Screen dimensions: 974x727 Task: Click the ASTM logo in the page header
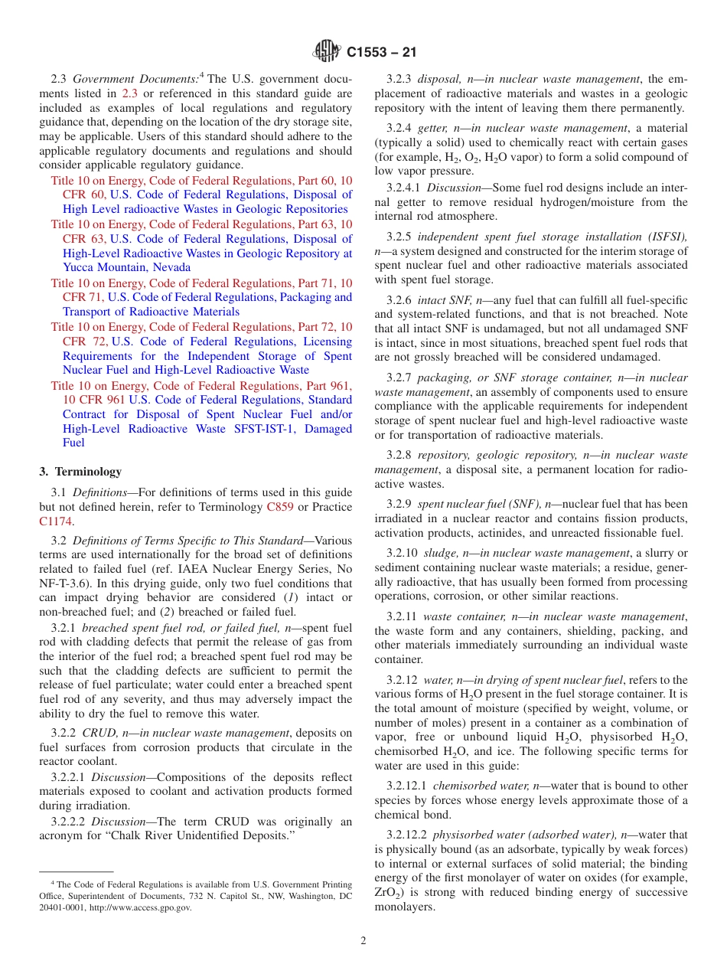click(327, 52)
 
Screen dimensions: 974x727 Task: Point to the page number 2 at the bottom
click(363, 941)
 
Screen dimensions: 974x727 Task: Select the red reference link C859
click(279, 507)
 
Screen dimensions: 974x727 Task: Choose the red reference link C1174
click(54, 521)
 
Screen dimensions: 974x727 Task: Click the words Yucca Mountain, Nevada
click(126, 268)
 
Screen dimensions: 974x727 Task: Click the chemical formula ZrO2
click(388, 893)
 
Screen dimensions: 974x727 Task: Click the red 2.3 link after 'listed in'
click(131, 93)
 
